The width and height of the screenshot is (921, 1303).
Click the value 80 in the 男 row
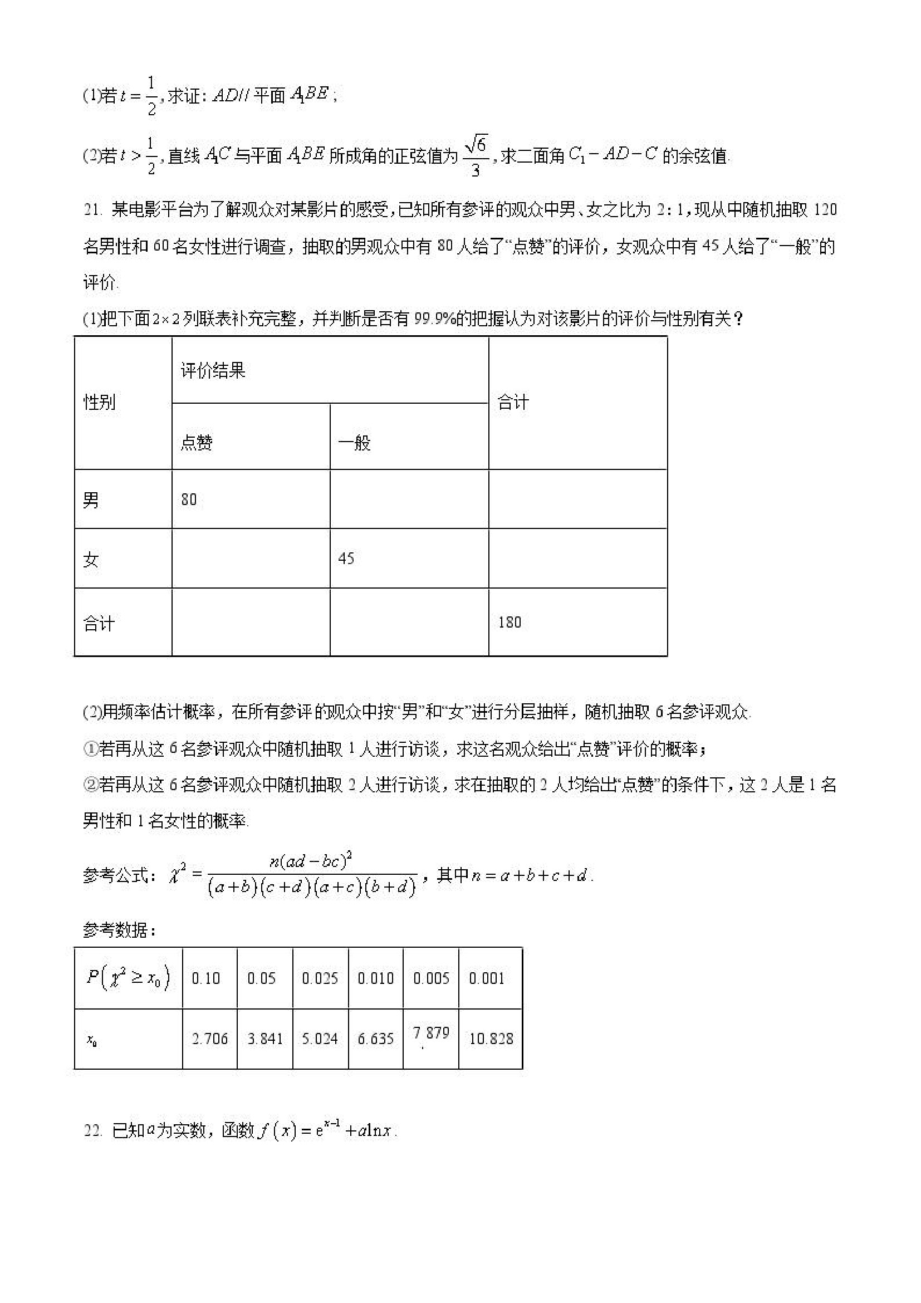(x=189, y=499)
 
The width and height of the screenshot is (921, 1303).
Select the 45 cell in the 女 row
(x=346, y=559)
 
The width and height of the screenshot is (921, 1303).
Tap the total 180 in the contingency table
(x=510, y=622)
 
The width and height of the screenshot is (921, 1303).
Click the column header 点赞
(x=197, y=443)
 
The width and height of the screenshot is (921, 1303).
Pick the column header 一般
(x=355, y=443)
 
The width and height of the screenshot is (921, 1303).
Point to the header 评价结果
(x=213, y=371)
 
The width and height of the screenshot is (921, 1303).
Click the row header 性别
(x=99, y=403)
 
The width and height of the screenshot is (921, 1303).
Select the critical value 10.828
(x=491, y=1039)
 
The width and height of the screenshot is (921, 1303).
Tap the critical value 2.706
(x=210, y=1039)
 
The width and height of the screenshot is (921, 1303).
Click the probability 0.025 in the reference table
(x=320, y=978)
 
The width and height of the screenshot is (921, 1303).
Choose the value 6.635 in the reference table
(x=376, y=1039)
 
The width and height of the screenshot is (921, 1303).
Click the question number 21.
(x=92, y=210)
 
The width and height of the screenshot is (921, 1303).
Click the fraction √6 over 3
(x=476, y=155)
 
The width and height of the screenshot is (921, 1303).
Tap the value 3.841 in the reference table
(x=265, y=1039)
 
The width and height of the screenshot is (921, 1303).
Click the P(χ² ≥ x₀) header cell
(x=128, y=978)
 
